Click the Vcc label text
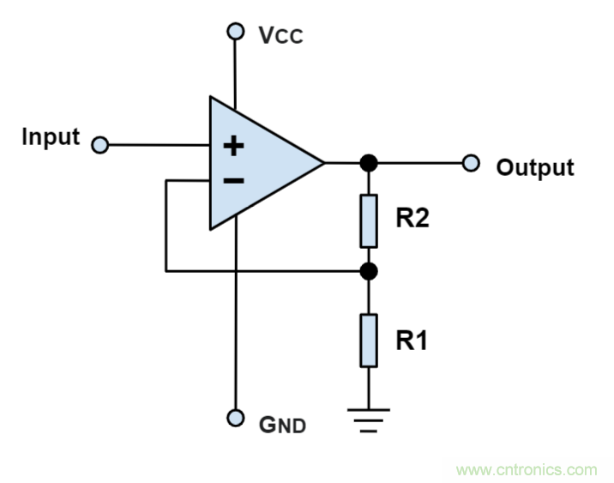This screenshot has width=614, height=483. tap(280, 36)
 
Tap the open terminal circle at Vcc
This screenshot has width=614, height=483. tap(235, 32)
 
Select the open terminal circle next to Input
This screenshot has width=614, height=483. tap(99, 145)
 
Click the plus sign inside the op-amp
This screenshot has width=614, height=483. tap(233, 145)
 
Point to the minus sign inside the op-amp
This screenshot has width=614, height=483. tap(233, 180)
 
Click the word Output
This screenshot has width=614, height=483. tap(535, 167)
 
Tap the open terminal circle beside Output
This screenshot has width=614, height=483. tap(470, 162)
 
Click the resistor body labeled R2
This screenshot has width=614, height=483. tap(369, 219)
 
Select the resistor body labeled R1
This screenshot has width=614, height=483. tap(369, 340)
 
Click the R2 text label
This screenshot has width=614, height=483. tap(412, 219)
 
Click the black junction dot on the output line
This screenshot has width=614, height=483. tap(369, 162)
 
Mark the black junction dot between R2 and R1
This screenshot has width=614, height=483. tap(369, 271)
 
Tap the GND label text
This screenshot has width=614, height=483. tap(283, 425)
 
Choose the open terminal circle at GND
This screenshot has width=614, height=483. tap(235, 418)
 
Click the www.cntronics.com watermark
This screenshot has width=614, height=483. tap(527, 469)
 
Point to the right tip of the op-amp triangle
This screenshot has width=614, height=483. tap(322, 162)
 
